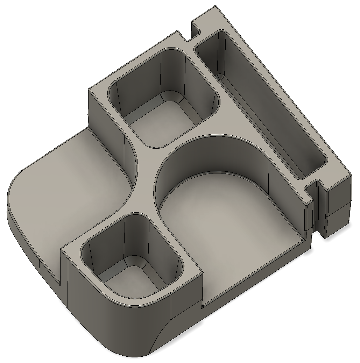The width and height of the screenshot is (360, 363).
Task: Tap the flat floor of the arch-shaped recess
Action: point(224,224)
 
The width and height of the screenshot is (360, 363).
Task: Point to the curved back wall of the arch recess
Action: point(210,154)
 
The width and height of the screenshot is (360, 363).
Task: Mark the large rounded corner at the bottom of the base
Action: point(115,336)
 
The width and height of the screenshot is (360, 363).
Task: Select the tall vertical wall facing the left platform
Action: point(105,126)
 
